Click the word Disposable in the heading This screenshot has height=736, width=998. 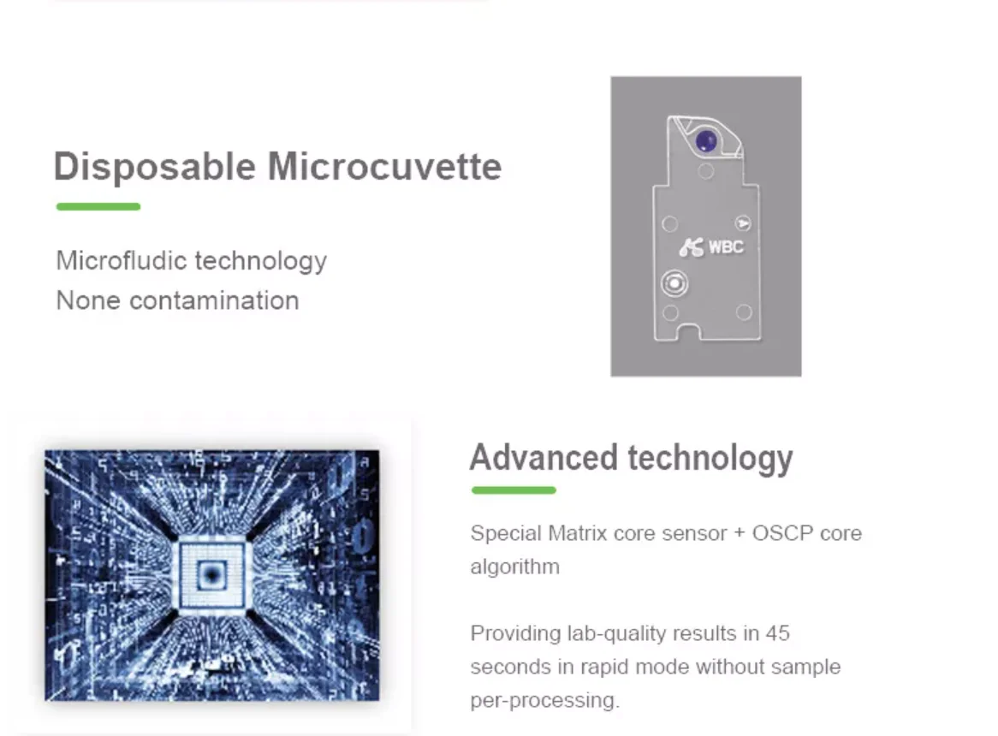155,168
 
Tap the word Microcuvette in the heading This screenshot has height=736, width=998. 385,167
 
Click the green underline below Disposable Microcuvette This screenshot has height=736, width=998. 98,206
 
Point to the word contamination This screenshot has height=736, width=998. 214,300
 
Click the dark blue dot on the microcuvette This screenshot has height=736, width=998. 706,141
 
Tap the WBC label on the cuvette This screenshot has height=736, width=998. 726,246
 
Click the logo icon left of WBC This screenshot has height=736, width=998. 692,246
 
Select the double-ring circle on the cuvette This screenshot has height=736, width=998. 674,282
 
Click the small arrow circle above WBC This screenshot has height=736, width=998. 743,223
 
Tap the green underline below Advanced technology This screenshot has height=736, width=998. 514,490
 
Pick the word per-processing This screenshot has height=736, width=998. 544,700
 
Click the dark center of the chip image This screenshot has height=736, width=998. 211,574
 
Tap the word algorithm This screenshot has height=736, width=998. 515,567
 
